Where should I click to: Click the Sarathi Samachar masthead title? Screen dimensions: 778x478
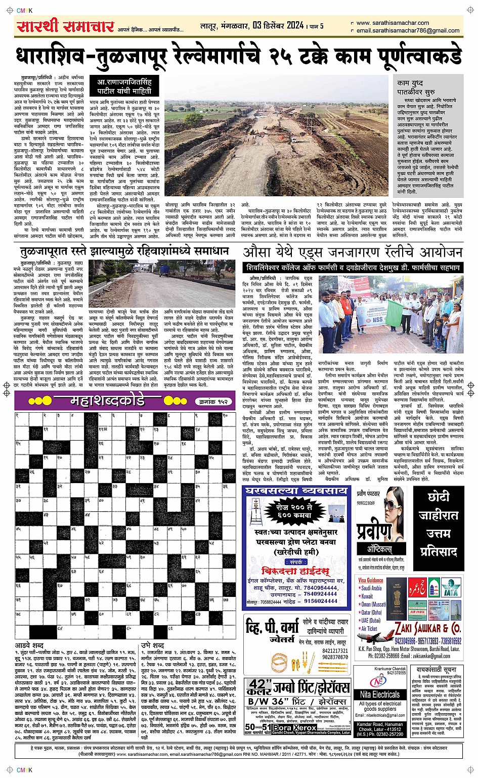[x=66, y=26]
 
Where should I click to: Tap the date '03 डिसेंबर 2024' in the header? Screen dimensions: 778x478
[x=278, y=26]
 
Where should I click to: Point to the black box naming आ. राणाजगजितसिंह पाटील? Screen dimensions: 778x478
[x=124, y=86]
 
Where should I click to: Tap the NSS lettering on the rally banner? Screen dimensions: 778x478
[x=377, y=320]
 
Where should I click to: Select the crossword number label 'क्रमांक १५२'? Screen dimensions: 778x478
[x=213, y=402]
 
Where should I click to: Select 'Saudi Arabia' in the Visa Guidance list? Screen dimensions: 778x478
[x=372, y=588]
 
